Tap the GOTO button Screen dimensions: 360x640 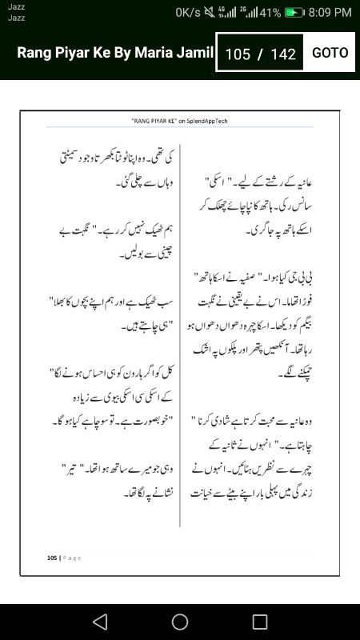(x=330, y=53)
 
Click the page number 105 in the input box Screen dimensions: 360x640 (x=238, y=54)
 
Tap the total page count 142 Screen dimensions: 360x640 (x=283, y=54)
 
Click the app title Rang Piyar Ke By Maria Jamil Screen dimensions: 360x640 (x=115, y=53)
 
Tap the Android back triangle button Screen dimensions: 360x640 (x=99, y=622)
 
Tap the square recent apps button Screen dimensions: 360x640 (x=260, y=622)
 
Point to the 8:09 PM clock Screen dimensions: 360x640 (x=330, y=13)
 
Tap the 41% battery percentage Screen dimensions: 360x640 (x=270, y=13)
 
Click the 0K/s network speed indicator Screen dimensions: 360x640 (x=188, y=13)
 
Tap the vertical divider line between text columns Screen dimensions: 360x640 (x=180, y=336)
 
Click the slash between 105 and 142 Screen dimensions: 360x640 (x=260, y=54)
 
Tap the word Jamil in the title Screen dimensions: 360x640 (x=196, y=53)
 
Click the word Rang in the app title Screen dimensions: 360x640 (x=34, y=53)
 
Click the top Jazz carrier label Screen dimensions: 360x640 (x=16, y=6)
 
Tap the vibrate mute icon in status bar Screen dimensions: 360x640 (x=211, y=13)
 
